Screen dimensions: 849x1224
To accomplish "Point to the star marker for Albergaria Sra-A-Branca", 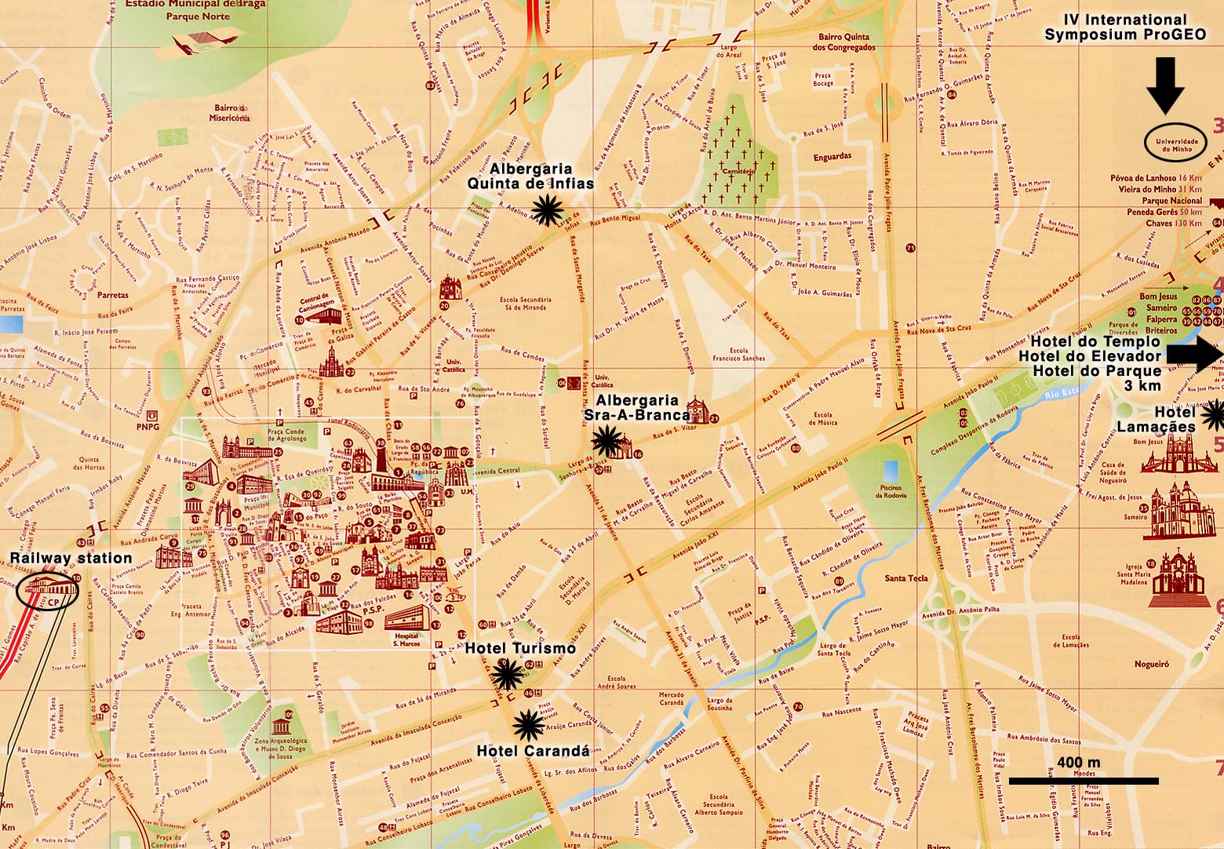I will [605, 440].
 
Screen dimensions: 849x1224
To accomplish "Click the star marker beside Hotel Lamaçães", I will [1214, 414].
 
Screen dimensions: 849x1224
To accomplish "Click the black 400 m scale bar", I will [1083, 781].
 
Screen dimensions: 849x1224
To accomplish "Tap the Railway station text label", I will [71, 558].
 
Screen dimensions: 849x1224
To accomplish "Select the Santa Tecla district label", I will [906, 578].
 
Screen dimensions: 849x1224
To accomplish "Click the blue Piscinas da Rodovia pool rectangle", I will [891, 472].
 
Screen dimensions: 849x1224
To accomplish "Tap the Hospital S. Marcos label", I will [406, 639].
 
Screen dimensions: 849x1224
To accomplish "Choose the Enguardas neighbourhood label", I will [832, 157].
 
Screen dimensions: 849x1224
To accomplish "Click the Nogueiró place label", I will [1151, 664].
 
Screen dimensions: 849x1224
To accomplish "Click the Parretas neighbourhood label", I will [112, 295].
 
